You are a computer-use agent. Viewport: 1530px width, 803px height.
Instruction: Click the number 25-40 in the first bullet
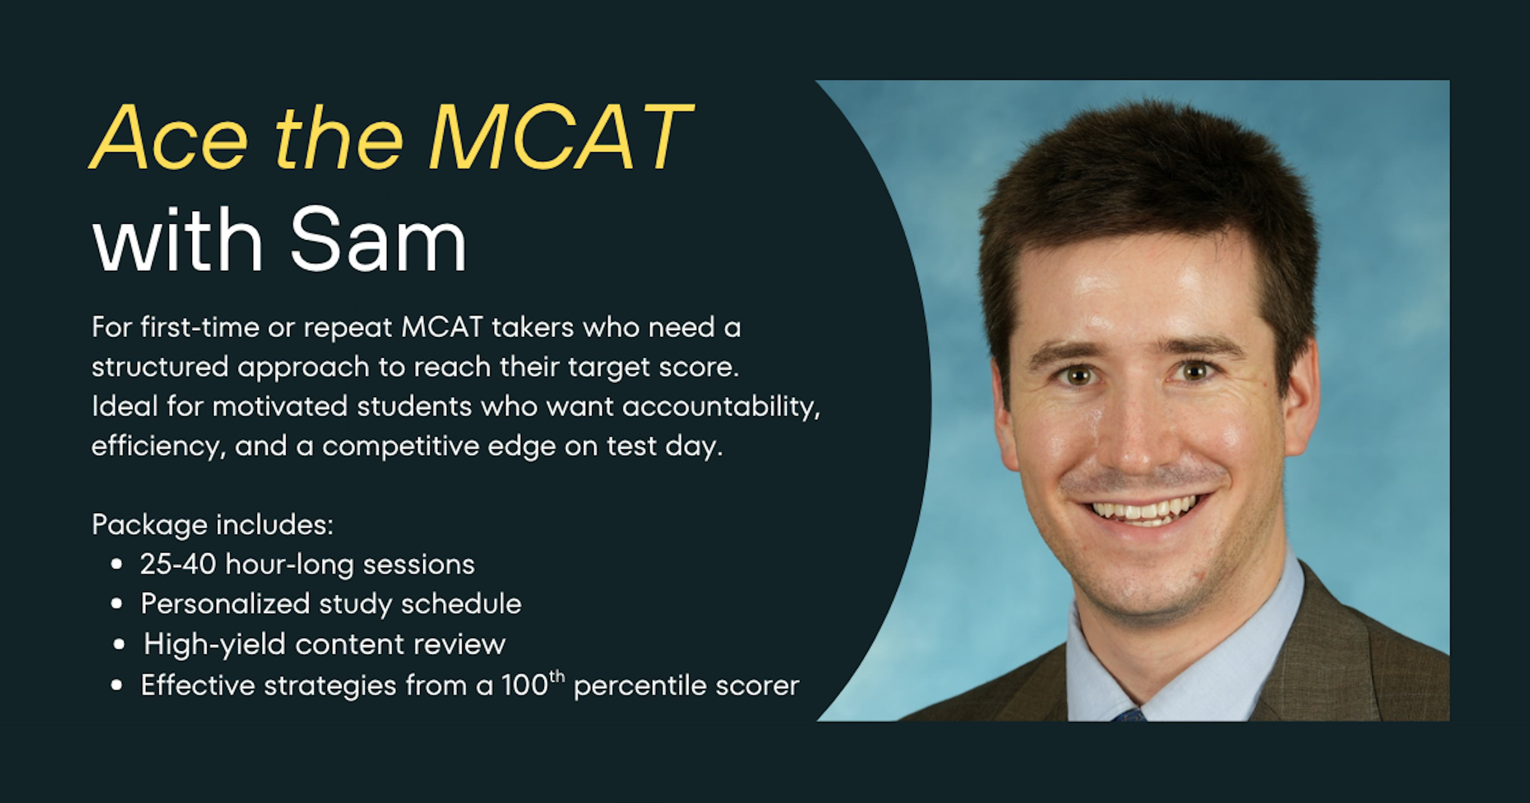click(178, 564)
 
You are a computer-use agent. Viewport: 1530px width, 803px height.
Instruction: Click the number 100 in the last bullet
click(524, 685)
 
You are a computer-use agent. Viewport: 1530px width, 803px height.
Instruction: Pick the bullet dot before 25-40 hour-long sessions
click(117, 564)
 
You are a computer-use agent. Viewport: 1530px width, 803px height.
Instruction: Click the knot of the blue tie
click(1128, 715)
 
